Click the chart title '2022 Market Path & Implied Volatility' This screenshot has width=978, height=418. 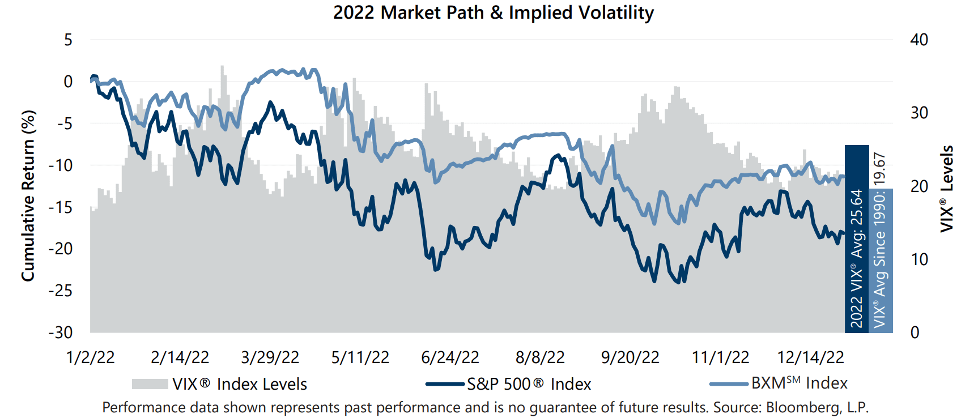493,12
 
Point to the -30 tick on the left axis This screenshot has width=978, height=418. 61,332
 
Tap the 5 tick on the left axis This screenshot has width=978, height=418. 68,40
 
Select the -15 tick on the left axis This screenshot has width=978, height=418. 61,207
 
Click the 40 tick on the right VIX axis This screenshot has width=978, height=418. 919,40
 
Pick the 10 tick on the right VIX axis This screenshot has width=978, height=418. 919,259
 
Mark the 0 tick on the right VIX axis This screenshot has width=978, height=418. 915,332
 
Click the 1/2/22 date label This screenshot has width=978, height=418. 90,357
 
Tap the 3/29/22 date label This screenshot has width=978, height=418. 270,357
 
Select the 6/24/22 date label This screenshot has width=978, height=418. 450,357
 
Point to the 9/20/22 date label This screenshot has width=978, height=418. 630,357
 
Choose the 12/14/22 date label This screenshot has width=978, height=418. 810,357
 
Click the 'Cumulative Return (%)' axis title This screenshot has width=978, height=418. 28,195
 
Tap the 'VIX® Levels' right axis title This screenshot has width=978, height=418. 947,189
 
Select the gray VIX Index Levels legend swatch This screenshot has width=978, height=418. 150,384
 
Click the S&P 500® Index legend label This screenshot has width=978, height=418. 529,384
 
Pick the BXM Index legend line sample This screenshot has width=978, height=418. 729,384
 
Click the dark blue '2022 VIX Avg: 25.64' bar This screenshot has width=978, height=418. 857,238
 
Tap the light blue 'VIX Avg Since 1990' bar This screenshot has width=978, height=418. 881,261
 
